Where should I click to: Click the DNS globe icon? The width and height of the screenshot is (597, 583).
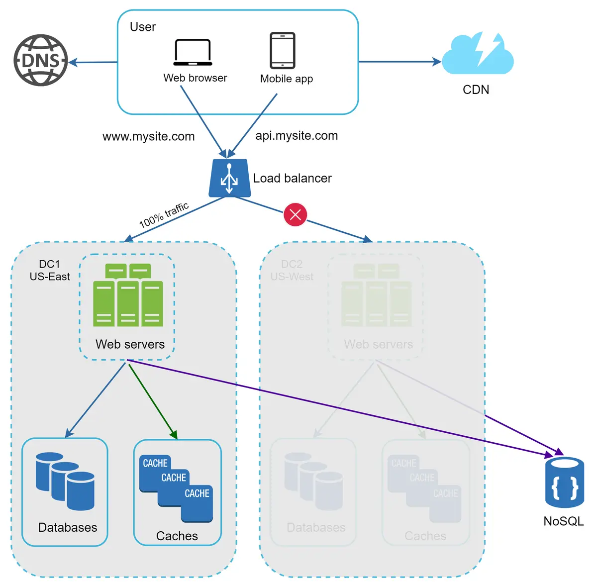[x=40, y=60]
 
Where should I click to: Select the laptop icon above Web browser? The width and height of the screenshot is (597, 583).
[x=193, y=52]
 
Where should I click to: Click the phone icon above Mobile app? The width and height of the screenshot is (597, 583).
[x=283, y=50]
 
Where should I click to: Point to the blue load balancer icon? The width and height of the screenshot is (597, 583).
[x=229, y=178]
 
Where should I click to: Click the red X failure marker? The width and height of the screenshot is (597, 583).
[x=296, y=214]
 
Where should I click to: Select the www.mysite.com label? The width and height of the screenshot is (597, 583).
[x=148, y=136]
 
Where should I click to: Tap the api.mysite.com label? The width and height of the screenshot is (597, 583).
[x=297, y=135]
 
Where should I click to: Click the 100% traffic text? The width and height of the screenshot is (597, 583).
[x=164, y=215]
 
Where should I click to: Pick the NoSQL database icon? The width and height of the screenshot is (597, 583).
[x=565, y=482]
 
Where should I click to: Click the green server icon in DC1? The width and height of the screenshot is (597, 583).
[x=128, y=295]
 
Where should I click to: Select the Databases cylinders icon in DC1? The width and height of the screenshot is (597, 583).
[x=65, y=481]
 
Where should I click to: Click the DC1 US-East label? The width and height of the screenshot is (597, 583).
[x=50, y=271]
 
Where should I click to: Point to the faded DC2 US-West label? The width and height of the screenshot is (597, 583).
[x=292, y=271]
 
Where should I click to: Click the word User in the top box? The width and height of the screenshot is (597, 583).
[x=143, y=27]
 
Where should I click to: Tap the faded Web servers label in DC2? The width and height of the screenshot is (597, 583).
[x=378, y=344]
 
